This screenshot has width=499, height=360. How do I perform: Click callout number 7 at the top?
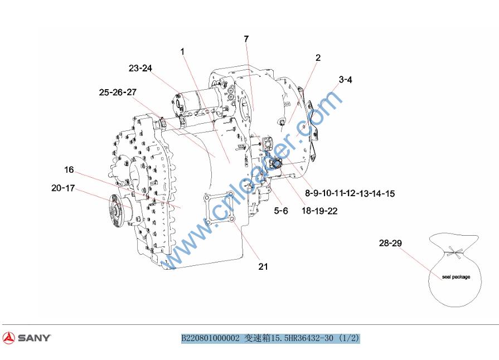click(246, 39)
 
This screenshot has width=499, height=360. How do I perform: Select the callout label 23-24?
click(141, 68)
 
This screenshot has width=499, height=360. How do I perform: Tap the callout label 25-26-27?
click(118, 92)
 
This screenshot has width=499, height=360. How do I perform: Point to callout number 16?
click(69, 170)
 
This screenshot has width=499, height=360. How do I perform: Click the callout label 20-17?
click(63, 188)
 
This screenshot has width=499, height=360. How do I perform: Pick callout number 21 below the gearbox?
click(263, 266)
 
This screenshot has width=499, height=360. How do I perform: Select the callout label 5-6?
click(281, 211)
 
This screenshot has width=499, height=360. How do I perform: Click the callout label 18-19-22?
click(319, 211)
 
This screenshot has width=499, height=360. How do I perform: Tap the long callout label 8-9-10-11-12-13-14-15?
click(350, 193)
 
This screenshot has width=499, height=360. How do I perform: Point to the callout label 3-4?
click(345, 80)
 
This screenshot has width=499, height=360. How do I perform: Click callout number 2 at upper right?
click(318, 58)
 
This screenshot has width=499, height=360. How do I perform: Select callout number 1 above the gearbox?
click(182, 51)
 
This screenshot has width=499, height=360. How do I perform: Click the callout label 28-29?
click(390, 244)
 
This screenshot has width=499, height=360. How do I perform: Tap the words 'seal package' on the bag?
click(456, 277)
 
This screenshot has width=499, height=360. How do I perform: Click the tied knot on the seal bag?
click(455, 252)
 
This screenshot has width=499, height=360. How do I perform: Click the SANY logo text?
click(35, 338)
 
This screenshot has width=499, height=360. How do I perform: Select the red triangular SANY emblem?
click(8, 337)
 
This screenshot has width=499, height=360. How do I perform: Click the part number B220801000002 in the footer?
click(210, 338)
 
